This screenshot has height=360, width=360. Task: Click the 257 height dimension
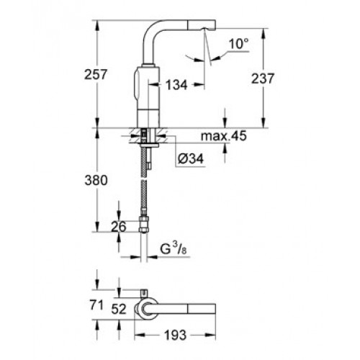pos(95,74)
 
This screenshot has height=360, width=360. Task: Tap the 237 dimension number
pos(263,78)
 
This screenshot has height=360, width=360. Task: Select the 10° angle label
pos(238,44)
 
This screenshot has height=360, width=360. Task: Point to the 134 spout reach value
pos(176,85)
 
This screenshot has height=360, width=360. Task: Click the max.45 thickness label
pos(224,136)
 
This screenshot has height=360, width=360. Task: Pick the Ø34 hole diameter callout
pos(191,158)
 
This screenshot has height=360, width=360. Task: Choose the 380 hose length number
pos(96,180)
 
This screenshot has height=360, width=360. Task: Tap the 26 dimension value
pos(119,227)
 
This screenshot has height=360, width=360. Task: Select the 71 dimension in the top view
pos(96,305)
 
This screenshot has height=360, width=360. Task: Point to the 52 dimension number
pos(119,309)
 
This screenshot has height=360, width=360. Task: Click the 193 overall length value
pos(175,335)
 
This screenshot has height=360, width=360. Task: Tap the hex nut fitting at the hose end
pos(143,224)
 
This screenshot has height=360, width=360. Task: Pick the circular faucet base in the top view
pos(145,309)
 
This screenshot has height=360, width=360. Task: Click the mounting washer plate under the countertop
pos(150,145)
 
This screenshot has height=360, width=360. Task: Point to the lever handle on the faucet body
pos(136,84)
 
